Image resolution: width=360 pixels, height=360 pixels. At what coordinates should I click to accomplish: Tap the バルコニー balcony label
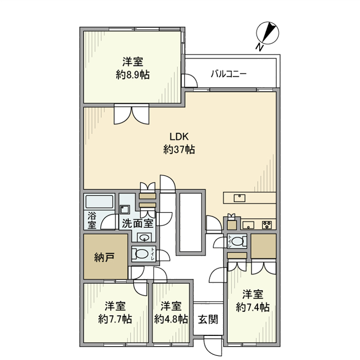pyautogui.click(x=229, y=74)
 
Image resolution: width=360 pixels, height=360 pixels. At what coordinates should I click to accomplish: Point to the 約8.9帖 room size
pyautogui.click(x=133, y=75)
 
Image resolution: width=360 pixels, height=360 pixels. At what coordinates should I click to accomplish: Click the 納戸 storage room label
pyautogui.click(x=104, y=257)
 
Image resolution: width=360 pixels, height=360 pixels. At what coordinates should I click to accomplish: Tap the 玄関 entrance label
pyautogui.click(x=208, y=319)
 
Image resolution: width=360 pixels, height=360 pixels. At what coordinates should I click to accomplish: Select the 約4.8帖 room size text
pyautogui.click(x=171, y=319)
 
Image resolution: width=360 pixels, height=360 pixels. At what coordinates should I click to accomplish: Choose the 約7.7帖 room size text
pyautogui.click(x=115, y=319)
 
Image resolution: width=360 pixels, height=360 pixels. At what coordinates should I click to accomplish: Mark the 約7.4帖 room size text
pyautogui.click(x=253, y=308)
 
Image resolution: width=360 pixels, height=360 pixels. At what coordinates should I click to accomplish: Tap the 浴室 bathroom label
pyautogui.click(x=92, y=220)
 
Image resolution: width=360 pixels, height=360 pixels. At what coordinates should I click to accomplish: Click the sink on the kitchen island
pyautogui.click(x=240, y=197)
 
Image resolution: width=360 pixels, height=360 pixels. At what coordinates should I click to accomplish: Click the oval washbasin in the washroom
pyautogui.click(x=145, y=237)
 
